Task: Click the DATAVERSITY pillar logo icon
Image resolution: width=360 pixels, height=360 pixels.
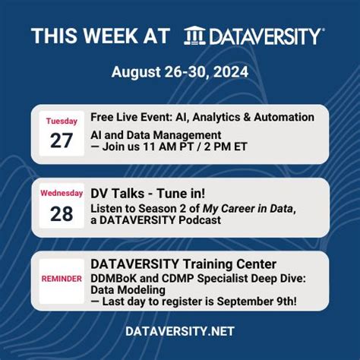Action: (x=195, y=36)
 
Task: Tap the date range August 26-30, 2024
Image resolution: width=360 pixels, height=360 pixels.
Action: (x=180, y=72)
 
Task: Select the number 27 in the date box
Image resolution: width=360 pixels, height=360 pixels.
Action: (x=62, y=141)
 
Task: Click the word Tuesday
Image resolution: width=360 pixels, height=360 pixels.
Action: (x=62, y=121)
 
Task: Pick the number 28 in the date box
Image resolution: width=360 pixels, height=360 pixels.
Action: (x=62, y=213)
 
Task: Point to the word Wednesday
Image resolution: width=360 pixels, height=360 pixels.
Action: (x=62, y=194)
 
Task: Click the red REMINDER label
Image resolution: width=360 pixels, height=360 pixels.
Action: (x=62, y=279)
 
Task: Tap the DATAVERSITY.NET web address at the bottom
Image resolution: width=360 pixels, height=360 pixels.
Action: (x=180, y=331)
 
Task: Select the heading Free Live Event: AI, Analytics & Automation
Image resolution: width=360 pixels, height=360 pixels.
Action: (x=202, y=118)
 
